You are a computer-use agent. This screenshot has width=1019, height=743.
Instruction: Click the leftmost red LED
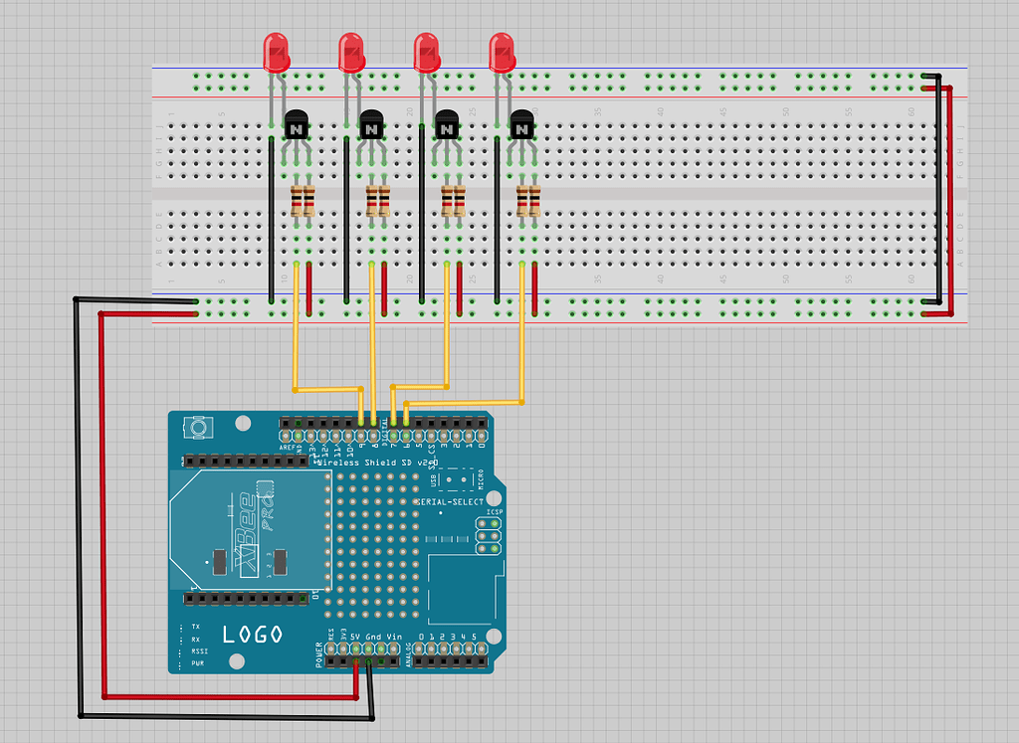click(x=276, y=52)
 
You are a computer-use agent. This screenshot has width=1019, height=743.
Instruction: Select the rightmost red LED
click(x=503, y=52)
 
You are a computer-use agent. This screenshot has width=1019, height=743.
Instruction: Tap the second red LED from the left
click(x=351, y=52)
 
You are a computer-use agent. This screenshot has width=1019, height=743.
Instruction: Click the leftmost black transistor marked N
click(x=296, y=126)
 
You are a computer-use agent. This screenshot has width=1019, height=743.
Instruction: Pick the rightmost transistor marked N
click(x=522, y=126)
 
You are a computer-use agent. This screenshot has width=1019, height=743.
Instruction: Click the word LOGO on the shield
click(x=252, y=634)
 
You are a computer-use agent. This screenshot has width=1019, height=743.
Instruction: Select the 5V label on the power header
click(x=355, y=636)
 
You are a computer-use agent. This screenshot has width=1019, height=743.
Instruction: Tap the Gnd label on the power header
click(x=373, y=636)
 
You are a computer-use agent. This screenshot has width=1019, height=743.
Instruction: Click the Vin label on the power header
click(x=393, y=636)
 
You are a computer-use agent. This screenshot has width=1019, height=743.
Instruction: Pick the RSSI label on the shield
click(x=199, y=651)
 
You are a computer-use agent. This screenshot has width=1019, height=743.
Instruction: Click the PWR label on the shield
click(x=199, y=663)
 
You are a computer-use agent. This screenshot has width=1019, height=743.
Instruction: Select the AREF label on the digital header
click(x=287, y=448)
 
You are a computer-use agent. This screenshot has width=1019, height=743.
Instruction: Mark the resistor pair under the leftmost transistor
click(x=303, y=201)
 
